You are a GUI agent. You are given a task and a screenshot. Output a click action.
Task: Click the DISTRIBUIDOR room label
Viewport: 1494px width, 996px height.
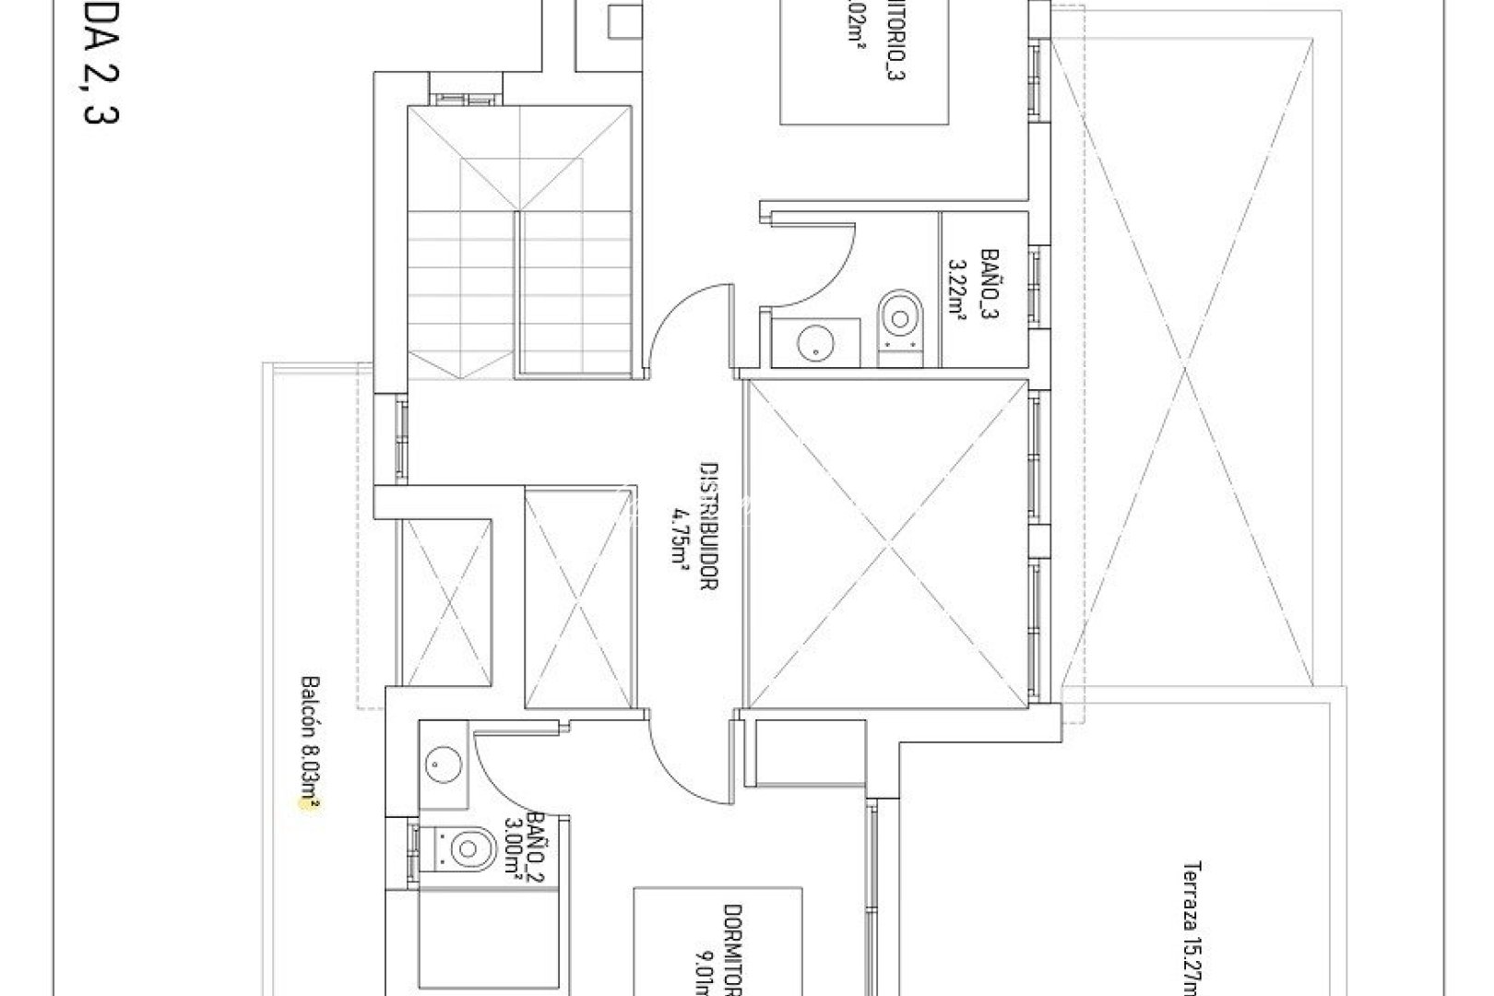pyautogui.click(x=708, y=527)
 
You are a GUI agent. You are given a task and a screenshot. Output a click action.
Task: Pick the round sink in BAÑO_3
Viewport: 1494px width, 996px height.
pyautogui.click(x=815, y=343)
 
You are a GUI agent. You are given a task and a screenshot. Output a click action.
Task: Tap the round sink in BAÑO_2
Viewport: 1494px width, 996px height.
pyautogui.click(x=437, y=764)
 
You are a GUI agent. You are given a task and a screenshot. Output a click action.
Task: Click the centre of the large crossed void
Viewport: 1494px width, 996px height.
pyautogui.click(x=885, y=544)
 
